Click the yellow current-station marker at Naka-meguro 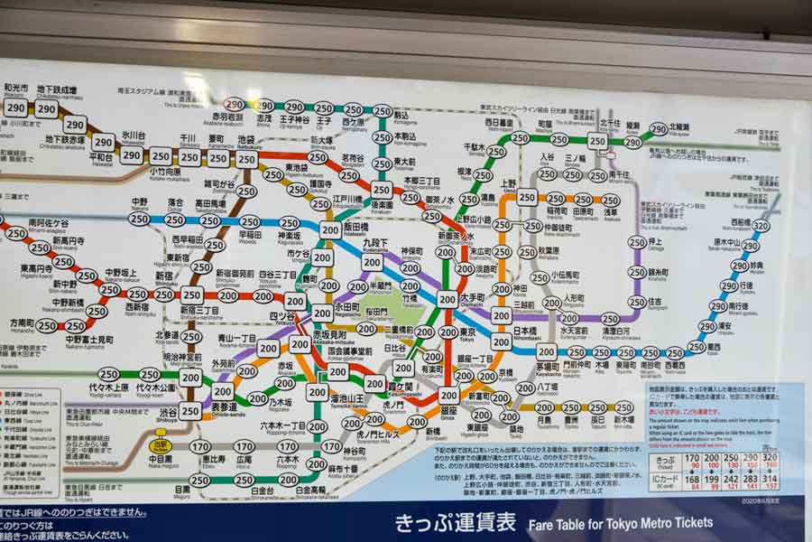click(x=161, y=445)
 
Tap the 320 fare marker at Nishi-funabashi click(x=761, y=226)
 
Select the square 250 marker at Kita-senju click(x=597, y=141)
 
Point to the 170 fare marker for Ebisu click(x=200, y=446)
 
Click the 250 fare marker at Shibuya click(x=189, y=411)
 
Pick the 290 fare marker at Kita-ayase click(x=659, y=129)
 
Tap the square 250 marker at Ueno click(x=527, y=197)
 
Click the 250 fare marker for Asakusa click(x=611, y=201)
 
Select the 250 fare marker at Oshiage click(x=637, y=242)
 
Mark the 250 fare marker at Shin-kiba click(x=623, y=407)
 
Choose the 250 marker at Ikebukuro click(x=246, y=159)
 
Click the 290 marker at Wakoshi click(x=15, y=107)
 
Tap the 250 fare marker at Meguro click(x=199, y=481)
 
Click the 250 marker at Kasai click(x=696, y=347)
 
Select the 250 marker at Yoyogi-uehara click(x=108, y=374)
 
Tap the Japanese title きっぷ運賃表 click(x=455, y=522)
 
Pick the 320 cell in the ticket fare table click(x=770, y=458)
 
